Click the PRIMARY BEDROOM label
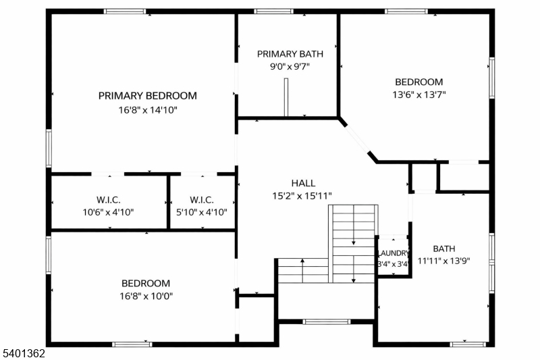tap(148, 96)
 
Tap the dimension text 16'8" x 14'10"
tap(148, 110)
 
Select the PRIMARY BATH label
tap(290, 54)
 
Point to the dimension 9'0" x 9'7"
tap(290, 66)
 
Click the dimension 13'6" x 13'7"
tap(419, 95)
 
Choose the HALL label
tap(303, 183)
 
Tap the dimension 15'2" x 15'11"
tap(302, 196)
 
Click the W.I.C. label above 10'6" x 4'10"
tap(109, 200)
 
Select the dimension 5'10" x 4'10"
tap(202, 212)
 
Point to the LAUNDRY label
tap(394, 253)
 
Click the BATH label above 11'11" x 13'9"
tap(444, 249)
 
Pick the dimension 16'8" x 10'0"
tap(146, 296)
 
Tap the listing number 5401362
tap(24, 353)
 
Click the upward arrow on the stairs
tap(302, 270)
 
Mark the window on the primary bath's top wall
tap(274, 11)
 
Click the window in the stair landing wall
tap(327, 322)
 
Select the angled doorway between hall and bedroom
tap(358, 140)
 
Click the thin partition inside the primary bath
tap(286, 97)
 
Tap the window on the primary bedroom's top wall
tap(125, 11)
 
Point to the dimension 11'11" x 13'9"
tap(444, 261)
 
